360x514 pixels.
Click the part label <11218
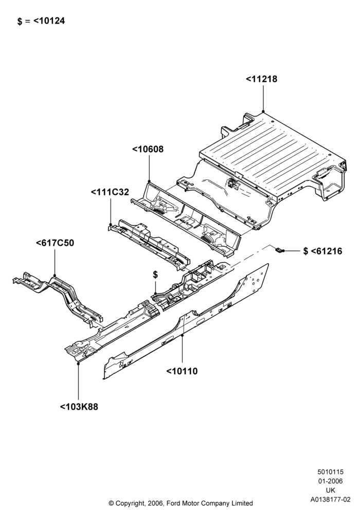coord(261,79)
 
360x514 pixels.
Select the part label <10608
coord(148,149)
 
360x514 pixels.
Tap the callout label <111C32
coord(110,192)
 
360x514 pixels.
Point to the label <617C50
coord(55,243)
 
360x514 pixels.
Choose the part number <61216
coord(326,251)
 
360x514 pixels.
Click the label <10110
coord(182,372)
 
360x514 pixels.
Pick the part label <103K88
coord(79,407)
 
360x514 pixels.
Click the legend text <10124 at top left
coord(49,21)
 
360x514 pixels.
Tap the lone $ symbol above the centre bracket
coord(155,275)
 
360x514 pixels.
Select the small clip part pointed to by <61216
coord(279,250)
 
